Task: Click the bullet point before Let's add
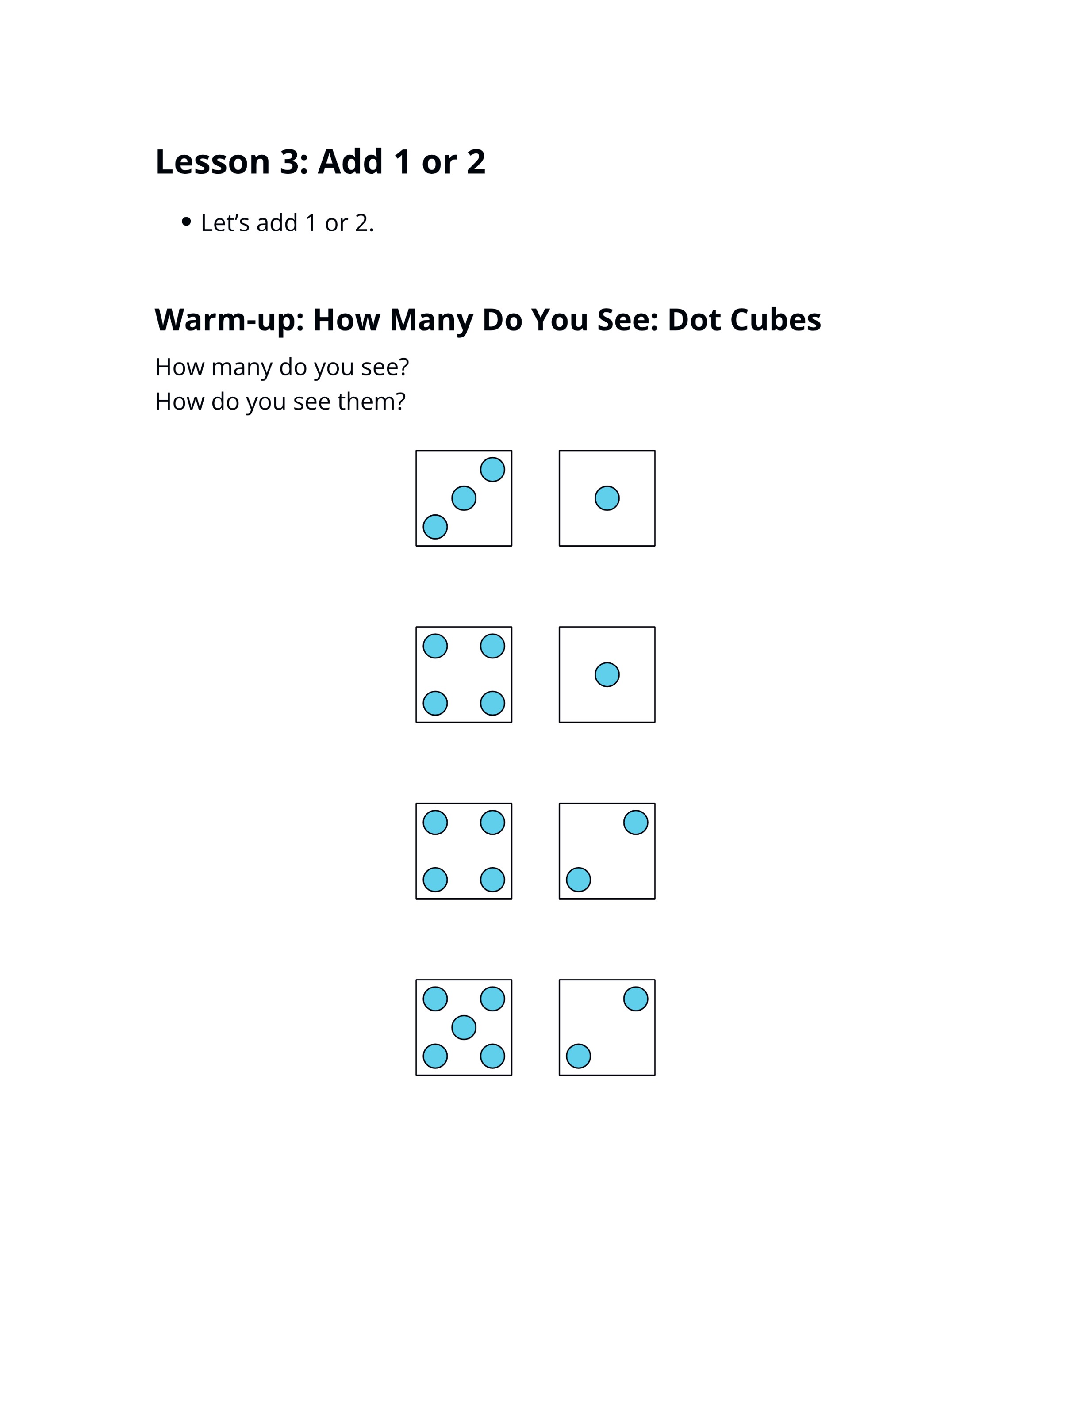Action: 187,222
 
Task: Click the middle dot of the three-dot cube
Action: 464,498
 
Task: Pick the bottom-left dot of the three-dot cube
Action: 435,527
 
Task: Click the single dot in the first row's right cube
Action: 607,498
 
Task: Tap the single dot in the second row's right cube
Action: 607,675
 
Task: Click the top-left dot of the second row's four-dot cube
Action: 435,646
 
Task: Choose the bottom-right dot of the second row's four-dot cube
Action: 493,704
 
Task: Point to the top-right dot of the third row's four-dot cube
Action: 493,823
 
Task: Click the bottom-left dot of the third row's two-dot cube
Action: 578,880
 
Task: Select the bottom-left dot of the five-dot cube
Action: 435,1056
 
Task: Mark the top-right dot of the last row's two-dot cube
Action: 636,999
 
